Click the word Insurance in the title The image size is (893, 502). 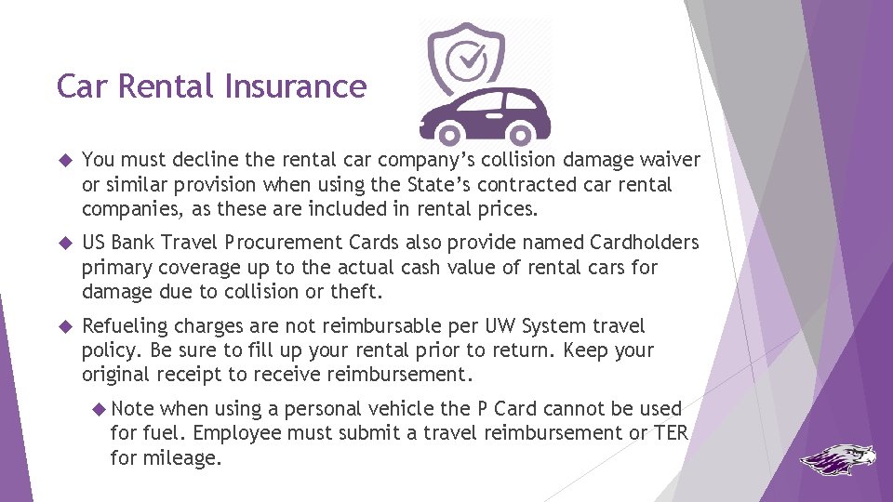(x=296, y=86)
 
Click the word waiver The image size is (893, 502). (x=672, y=160)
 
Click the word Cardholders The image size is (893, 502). (x=644, y=243)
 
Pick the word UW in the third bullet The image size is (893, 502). (x=498, y=326)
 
